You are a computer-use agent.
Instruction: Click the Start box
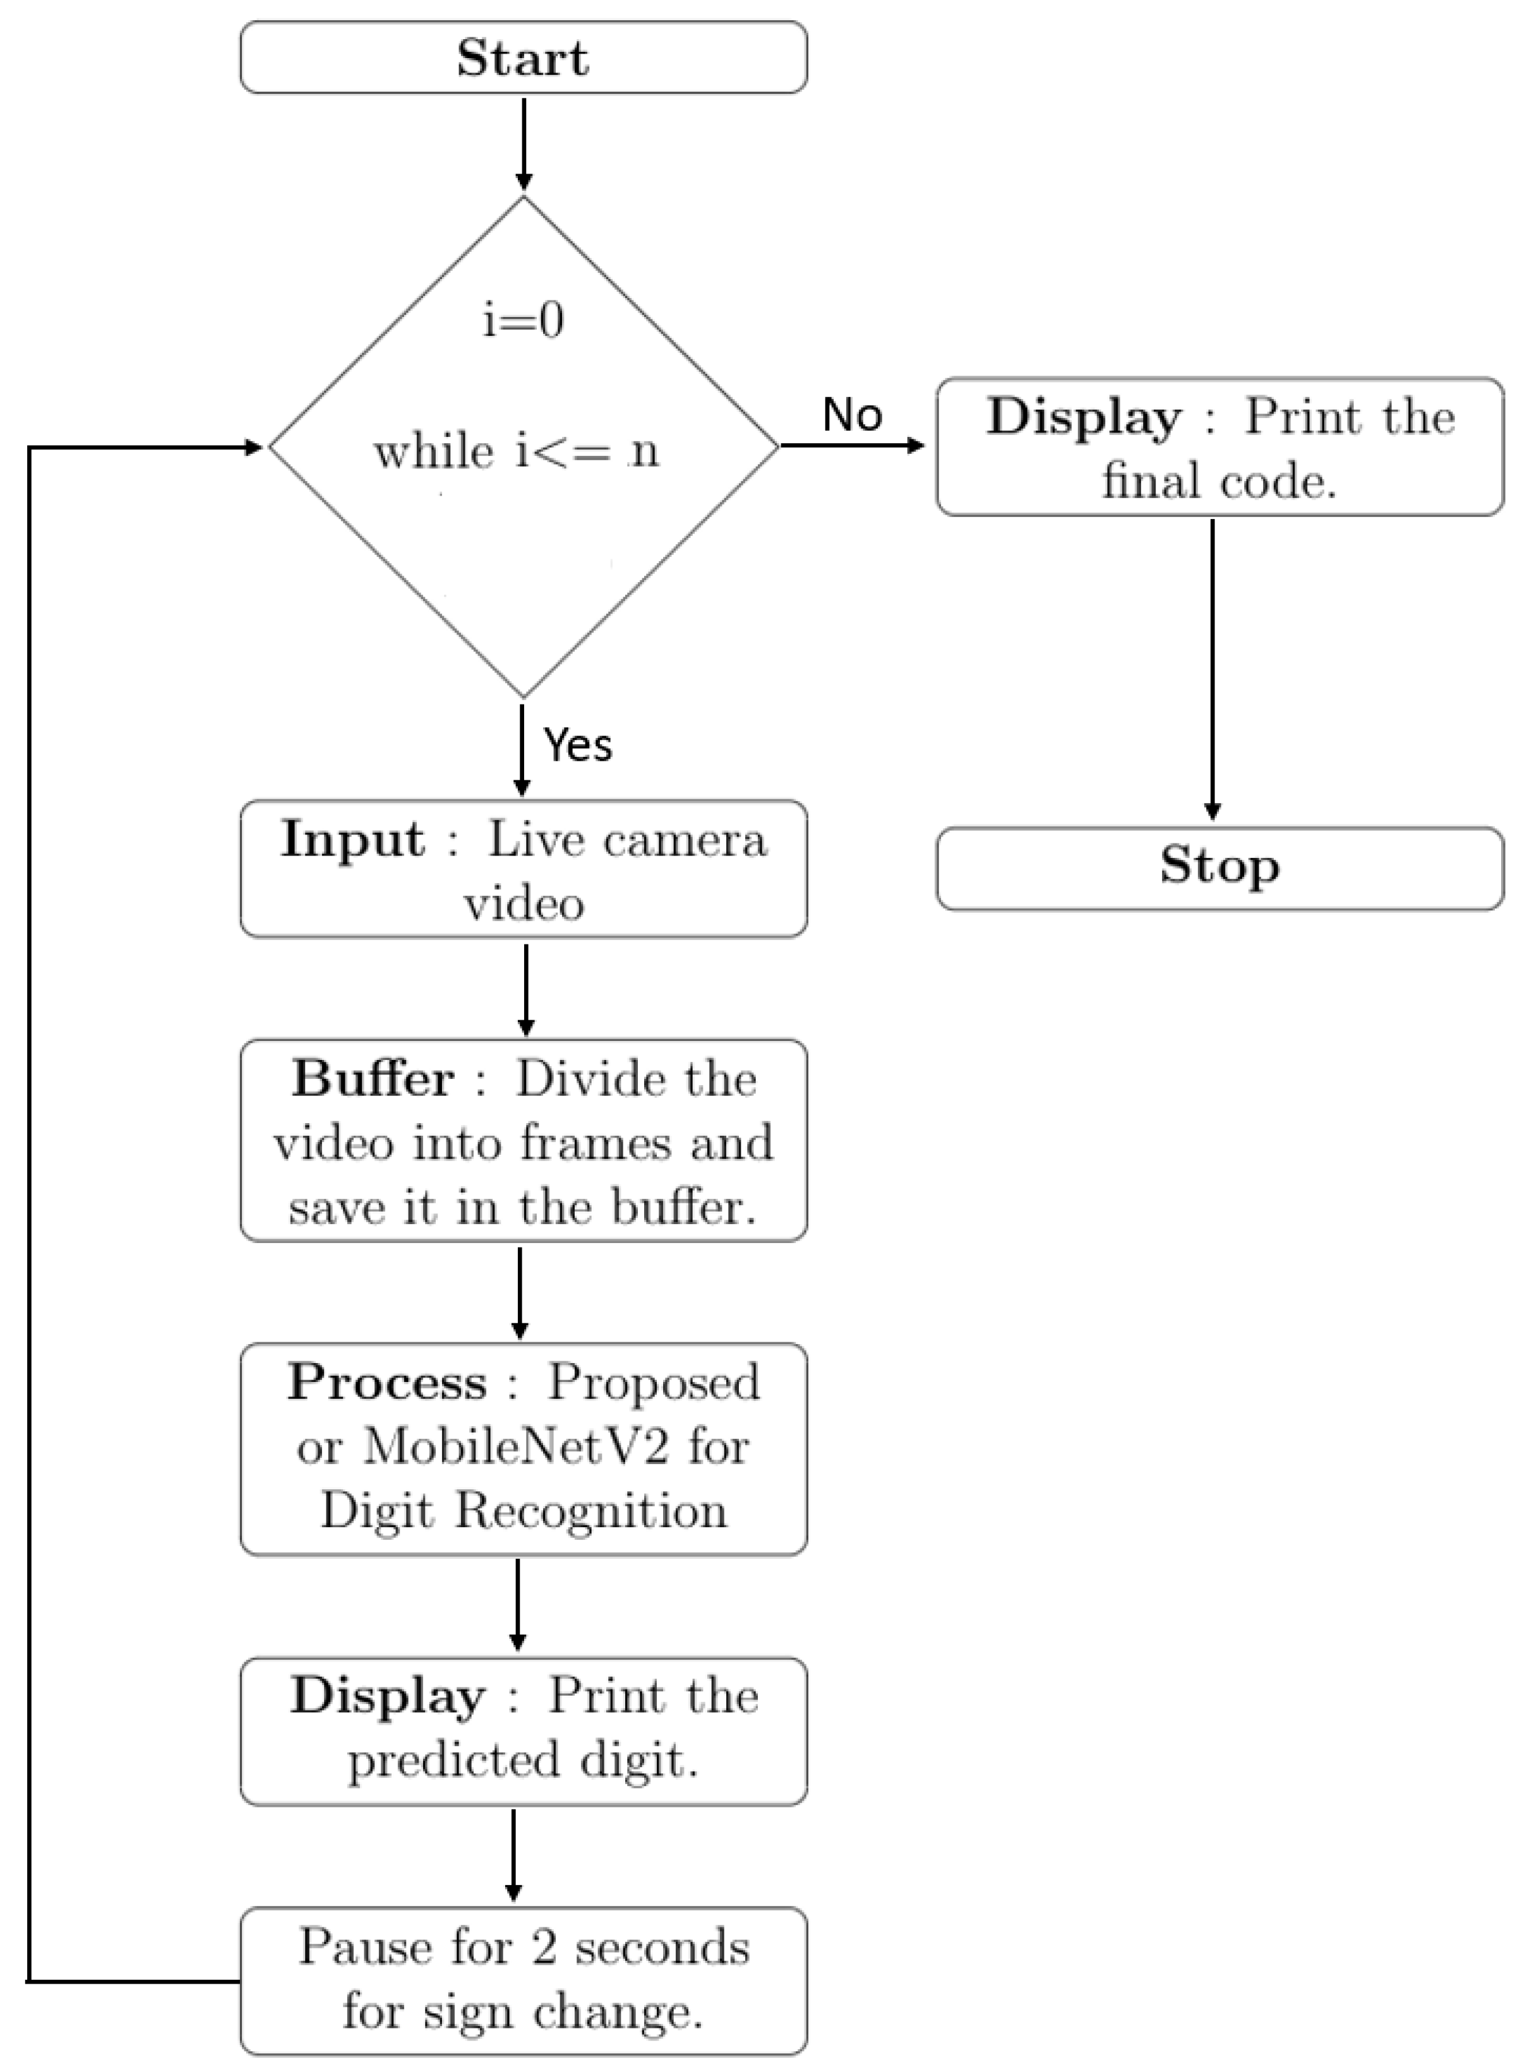(x=523, y=57)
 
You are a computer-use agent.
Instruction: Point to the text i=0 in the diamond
(x=523, y=321)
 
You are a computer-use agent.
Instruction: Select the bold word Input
(x=353, y=839)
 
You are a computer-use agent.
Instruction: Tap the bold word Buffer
(x=373, y=1078)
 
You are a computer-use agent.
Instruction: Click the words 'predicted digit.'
(x=523, y=1759)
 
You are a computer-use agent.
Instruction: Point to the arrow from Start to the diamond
(x=524, y=143)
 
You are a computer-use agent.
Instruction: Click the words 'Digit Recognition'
(x=523, y=1510)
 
